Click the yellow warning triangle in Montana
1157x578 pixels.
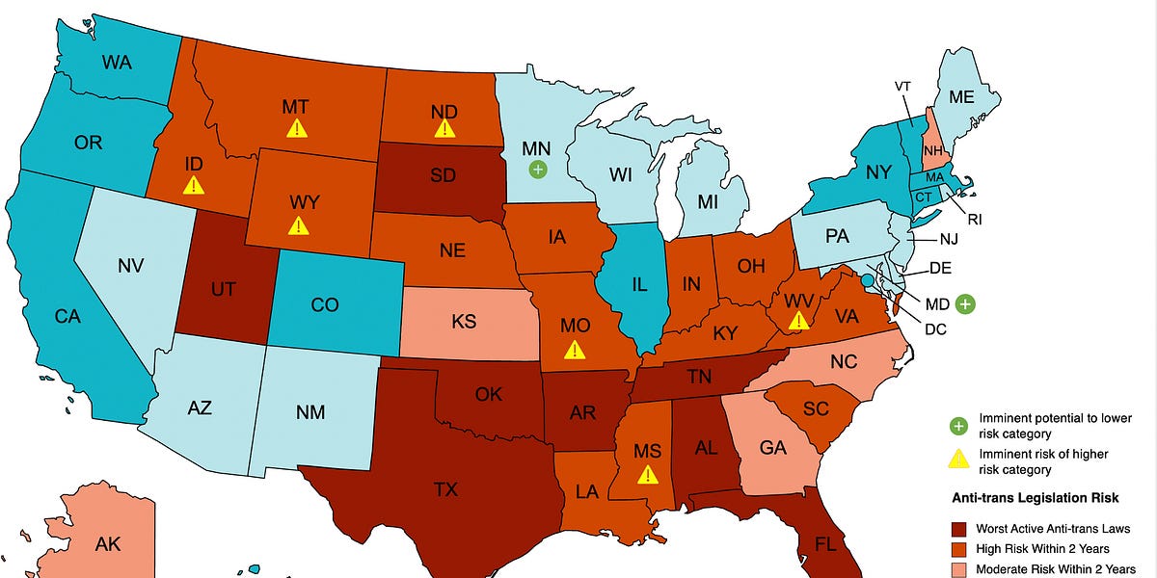[297, 128]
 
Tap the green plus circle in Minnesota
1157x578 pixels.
[538, 170]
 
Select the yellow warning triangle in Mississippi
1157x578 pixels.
[648, 474]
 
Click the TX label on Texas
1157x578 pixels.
[445, 489]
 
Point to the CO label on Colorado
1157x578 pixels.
[325, 304]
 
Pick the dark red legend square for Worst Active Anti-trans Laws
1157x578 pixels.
[957, 528]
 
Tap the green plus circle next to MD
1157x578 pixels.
[965, 304]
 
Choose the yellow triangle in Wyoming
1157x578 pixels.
[299, 226]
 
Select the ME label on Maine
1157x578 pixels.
[961, 96]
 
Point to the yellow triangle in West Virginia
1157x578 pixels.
[798, 321]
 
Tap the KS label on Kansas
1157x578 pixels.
[464, 321]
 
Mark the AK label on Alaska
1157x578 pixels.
[108, 543]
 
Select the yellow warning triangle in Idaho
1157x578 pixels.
[194, 185]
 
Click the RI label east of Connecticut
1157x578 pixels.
[975, 220]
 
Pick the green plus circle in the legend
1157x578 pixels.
[957, 425]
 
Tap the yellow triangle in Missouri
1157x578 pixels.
[576, 350]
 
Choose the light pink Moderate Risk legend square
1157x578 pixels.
[957, 569]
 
